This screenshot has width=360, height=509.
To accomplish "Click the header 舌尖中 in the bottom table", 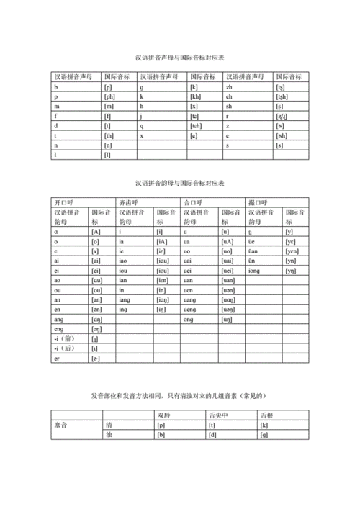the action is click(x=217, y=415).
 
